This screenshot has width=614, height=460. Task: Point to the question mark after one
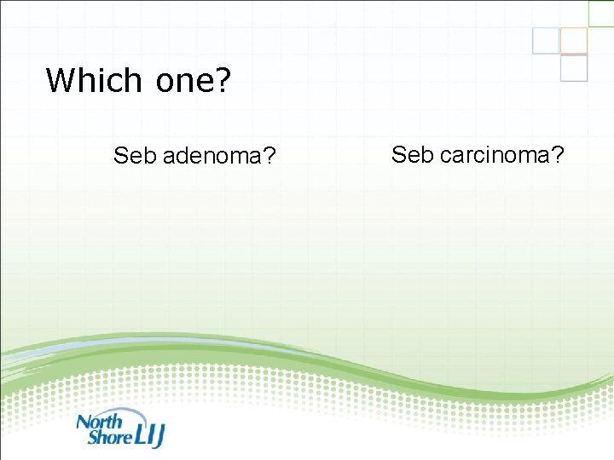point(223,81)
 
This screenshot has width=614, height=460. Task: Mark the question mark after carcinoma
point(558,154)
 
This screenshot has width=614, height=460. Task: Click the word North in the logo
point(100,421)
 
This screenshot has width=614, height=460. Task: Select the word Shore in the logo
point(108,437)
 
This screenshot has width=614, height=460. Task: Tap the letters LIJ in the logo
point(148,435)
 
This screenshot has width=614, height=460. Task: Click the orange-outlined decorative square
point(574,41)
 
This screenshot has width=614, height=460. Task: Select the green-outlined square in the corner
point(600,13)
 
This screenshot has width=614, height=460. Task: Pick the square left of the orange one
point(546,41)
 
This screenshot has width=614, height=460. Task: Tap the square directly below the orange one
point(574,68)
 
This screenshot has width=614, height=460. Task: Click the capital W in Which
point(61,81)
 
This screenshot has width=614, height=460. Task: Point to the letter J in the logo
point(158,436)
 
